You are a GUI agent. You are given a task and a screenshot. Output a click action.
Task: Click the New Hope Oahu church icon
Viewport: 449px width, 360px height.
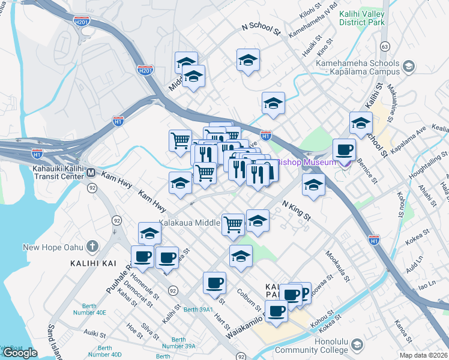point(92,247)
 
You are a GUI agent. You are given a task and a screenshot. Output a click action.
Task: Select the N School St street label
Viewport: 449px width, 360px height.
point(261,28)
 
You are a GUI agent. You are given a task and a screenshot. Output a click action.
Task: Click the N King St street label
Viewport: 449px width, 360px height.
point(296,209)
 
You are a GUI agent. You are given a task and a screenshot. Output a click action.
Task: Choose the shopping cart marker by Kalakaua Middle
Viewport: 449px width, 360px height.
point(233,224)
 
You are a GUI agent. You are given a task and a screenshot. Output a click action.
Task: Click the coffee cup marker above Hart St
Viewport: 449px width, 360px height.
point(214,282)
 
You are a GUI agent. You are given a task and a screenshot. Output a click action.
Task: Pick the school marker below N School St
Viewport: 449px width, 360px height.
point(248,61)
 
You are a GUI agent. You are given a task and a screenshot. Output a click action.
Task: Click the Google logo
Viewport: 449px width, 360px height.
point(20,353)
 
